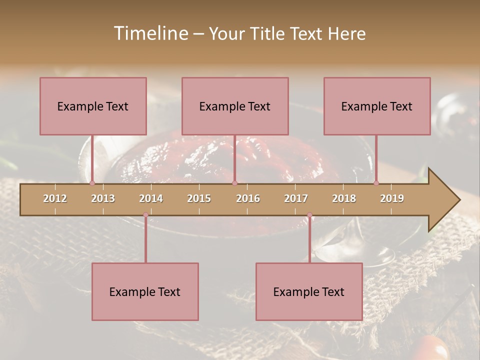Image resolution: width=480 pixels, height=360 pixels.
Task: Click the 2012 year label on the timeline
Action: (55, 198)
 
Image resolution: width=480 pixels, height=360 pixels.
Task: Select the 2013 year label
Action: (103, 198)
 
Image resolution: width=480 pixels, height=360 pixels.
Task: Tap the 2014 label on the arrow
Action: (151, 198)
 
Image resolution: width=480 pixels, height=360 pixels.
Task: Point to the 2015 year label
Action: (199, 198)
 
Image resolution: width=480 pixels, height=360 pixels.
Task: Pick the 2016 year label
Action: (248, 198)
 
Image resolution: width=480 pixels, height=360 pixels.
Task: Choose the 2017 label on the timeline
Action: (296, 198)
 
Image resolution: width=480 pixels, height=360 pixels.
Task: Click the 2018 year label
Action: (344, 198)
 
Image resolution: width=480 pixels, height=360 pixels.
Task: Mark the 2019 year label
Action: (392, 198)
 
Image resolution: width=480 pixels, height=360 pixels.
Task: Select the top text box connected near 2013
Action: (93, 106)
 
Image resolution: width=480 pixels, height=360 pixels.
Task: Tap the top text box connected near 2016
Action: (235, 106)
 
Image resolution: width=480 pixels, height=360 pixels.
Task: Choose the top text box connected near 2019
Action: (377, 106)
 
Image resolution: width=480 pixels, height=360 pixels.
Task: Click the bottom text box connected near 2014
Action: (145, 292)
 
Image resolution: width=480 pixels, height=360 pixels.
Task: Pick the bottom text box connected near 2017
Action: (309, 292)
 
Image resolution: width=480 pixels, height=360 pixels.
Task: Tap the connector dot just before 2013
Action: (92, 183)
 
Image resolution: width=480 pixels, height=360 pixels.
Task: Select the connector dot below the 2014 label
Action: (145, 215)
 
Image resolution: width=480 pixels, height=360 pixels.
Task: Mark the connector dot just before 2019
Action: (376, 183)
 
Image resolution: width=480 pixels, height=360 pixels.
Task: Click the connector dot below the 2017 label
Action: (309, 215)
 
